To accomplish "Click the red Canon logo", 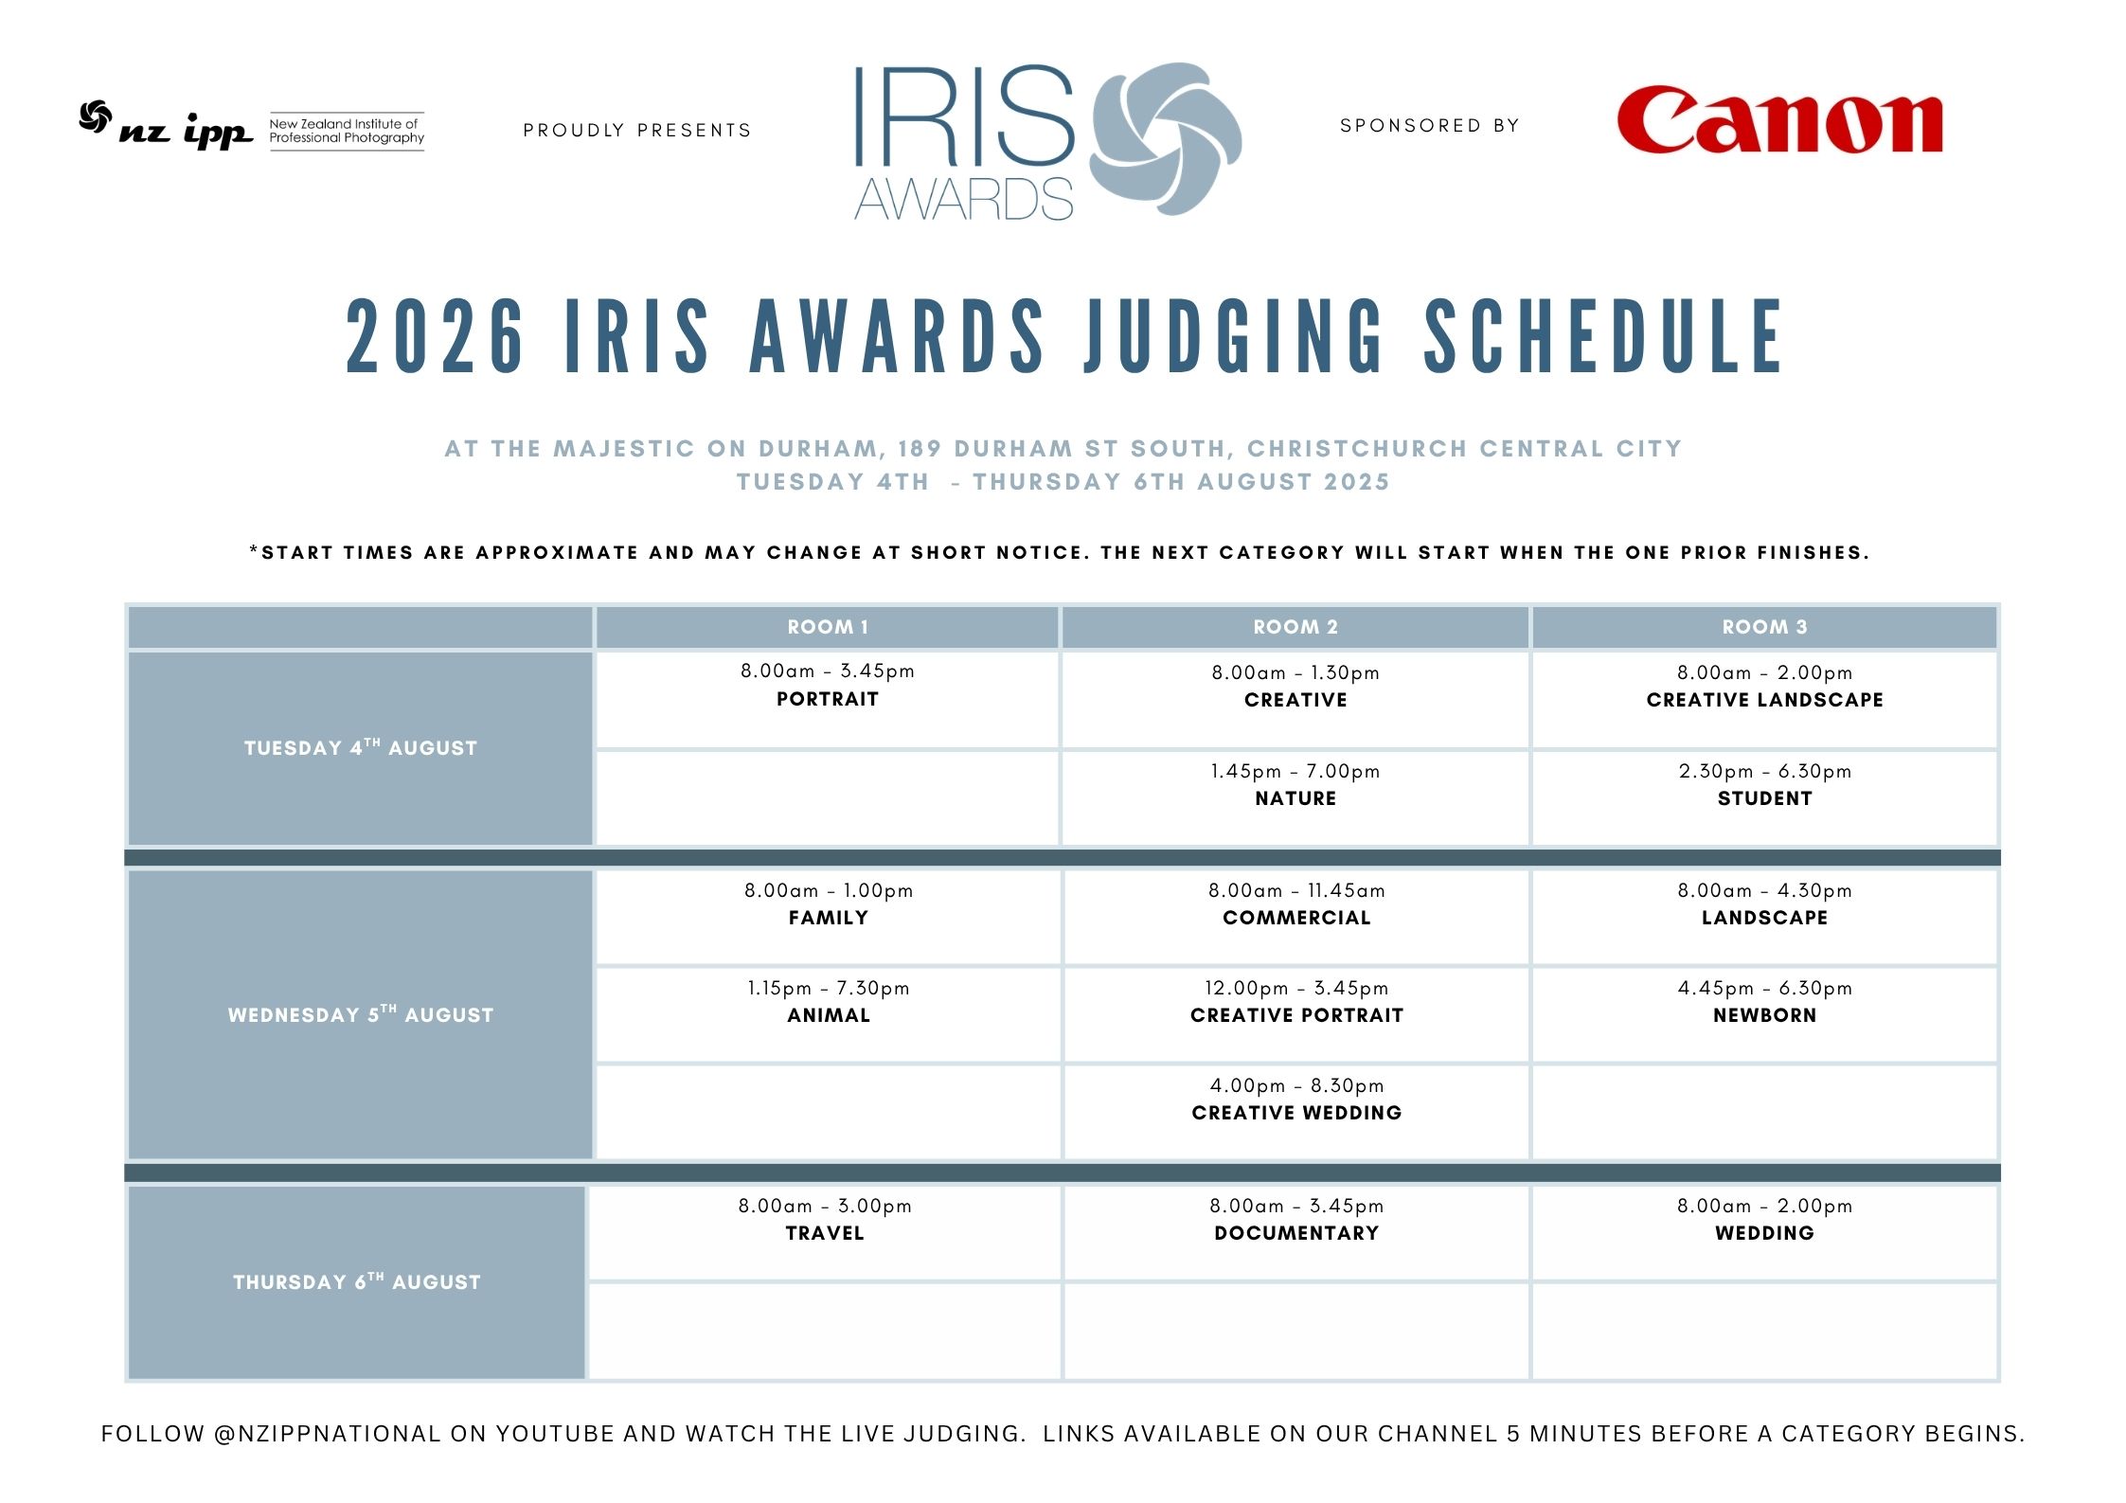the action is pos(1779,120).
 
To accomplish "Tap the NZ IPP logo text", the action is pos(187,131).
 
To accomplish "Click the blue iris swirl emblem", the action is pos(1166,138).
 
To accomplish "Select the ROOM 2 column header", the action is pos(1295,627).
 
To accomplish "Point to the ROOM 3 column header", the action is pos(1764,627).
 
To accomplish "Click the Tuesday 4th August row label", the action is pos(361,747).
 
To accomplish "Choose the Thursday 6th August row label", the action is pos(357,1281).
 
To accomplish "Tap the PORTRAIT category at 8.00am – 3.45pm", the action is pos(828,699).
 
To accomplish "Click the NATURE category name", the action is pos(1295,798).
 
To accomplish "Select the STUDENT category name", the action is pos(1765,798).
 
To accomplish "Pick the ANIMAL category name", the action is pos(829,1015).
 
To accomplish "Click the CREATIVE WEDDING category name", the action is pos(1296,1113).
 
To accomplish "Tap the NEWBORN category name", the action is pos(1765,1015).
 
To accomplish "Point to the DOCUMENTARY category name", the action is pos(1296,1233).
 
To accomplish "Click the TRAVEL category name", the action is pos(825,1233).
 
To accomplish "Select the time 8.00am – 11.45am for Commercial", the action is pos(1296,890).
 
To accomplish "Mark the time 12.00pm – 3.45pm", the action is pos(1296,988).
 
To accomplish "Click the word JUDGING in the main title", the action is pos(1235,335).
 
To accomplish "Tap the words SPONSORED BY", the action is pos(1430,126).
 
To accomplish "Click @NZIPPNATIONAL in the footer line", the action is pos(328,1434).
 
